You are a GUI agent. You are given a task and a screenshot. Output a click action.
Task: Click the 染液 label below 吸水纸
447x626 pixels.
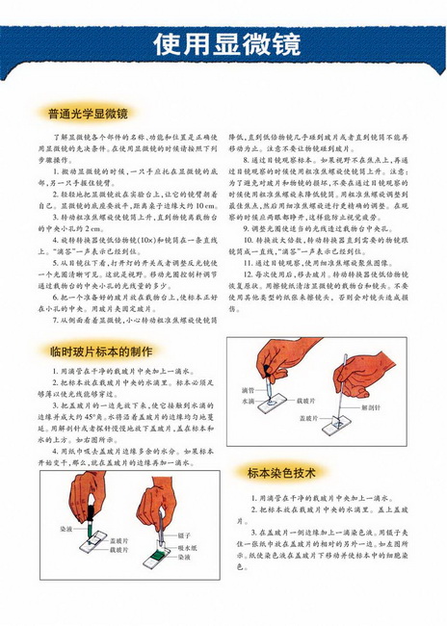click(183, 556)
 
